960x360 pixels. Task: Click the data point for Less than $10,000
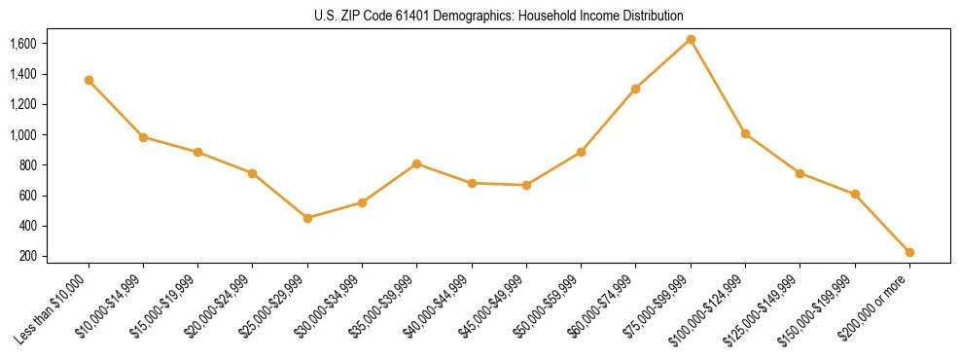coord(89,80)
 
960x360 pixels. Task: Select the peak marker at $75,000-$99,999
coord(691,39)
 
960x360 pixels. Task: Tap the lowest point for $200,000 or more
coord(909,252)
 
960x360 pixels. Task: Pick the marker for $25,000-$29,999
coord(307,218)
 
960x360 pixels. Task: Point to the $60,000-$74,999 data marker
coord(635,89)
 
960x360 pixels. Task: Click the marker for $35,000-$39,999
coord(416,163)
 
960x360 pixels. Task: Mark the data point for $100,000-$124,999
coord(745,133)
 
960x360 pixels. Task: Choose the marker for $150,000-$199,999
coord(855,194)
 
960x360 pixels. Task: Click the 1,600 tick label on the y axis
coord(22,44)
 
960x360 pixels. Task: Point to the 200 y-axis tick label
coord(28,256)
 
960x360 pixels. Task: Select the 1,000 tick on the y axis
coord(22,134)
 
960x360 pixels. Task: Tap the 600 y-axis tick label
coord(28,196)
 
